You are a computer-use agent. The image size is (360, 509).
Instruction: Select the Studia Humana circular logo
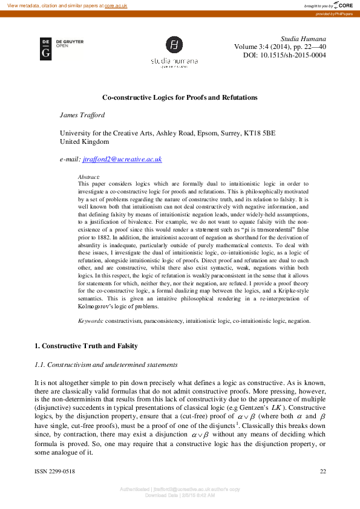pos(174,46)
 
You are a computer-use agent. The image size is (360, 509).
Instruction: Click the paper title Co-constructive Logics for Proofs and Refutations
pos(180,97)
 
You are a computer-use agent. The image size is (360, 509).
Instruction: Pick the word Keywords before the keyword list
pos(91,321)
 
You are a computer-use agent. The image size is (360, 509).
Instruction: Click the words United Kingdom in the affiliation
pos(85,141)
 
